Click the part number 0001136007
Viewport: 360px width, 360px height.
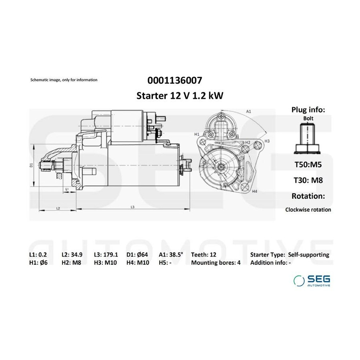(175, 80)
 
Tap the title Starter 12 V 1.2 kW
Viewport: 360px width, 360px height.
(180, 96)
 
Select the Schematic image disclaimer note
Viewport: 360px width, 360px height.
(64, 80)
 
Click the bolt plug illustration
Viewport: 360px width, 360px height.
(307, 139)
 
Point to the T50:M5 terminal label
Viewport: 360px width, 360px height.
(308, 165)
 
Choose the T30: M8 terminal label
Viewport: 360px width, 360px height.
(308, 180)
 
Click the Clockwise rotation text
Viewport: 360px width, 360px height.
(308, 210)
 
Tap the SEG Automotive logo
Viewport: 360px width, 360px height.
(312, 280)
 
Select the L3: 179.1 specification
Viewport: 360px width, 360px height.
(106, 255)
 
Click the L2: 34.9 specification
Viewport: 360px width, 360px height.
(72, 255)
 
